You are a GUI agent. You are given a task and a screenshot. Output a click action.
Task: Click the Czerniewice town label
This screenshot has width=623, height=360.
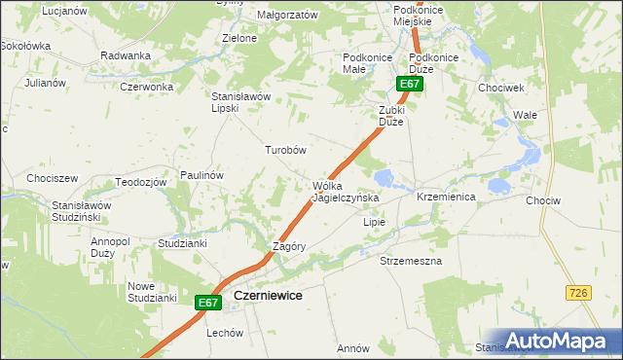(266, 296)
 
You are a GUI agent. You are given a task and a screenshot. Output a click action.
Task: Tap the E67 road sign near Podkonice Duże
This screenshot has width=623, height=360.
(409, 85)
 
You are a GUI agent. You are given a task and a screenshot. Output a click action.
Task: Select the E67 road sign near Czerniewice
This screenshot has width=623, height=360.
(207, 304)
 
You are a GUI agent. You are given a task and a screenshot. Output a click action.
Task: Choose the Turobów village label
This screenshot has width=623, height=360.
(286, 150)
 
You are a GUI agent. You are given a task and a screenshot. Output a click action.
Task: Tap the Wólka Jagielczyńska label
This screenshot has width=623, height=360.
(345, 192)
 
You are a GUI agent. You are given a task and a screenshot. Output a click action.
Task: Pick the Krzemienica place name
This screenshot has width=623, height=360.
(445, 197)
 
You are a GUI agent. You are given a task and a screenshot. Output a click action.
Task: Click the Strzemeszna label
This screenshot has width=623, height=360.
(411, 262)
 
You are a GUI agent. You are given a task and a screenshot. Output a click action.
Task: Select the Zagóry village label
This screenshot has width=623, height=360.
(289, 246)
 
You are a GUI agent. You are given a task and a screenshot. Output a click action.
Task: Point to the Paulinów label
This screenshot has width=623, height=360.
(202, 175)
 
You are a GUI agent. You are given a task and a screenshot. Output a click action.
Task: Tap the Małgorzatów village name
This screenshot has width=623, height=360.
(287, 16)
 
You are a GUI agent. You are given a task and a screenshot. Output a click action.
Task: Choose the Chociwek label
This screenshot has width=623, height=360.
(501, 88)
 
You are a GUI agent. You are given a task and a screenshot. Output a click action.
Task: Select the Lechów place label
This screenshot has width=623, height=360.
(224, 332)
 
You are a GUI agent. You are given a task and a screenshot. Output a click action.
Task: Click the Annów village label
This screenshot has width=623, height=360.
(352, 347)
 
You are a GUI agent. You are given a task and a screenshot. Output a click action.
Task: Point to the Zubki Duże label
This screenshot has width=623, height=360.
(397, 117)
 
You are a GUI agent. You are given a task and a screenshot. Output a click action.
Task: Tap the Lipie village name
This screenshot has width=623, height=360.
(375, 222)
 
